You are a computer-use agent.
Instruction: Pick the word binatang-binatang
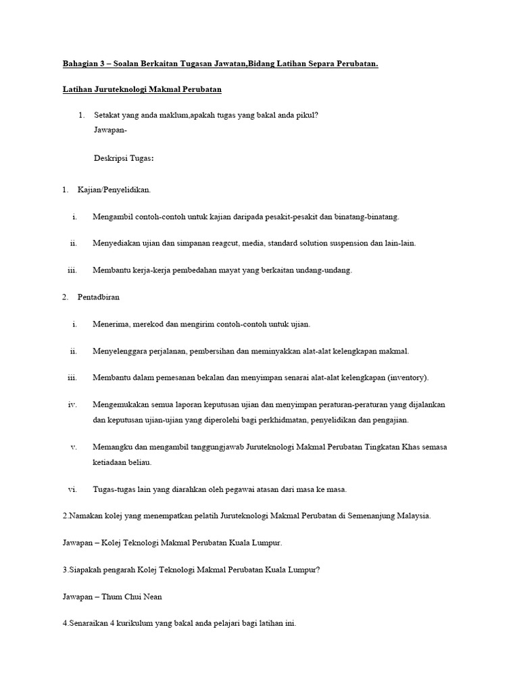(x=365, y=217)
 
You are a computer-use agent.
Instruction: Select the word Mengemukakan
(x=125, y=404)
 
